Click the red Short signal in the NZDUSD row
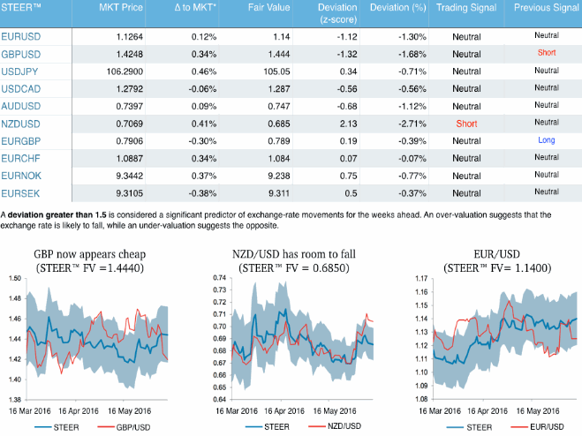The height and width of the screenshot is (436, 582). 466,123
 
